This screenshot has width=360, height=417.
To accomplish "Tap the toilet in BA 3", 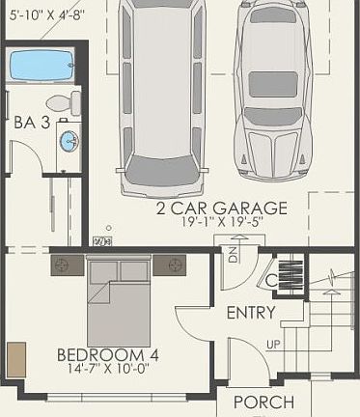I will click(x=60, y=102).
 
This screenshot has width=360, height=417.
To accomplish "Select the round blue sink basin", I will click(x=69, y=141).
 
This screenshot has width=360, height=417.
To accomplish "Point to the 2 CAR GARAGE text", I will click(x=223, y=208).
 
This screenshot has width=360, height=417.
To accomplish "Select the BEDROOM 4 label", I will click(x=107, y=354).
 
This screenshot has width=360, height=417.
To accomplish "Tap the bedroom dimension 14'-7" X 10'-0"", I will click(x=107, y=369).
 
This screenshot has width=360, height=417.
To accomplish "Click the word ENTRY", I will click(x=251, y=313).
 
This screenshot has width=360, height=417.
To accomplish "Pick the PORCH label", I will click(x=263, y=402).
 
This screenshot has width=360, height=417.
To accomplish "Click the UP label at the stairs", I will click(x=273, y=345).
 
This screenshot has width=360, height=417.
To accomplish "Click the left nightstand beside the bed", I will click(x=67, y=264).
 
